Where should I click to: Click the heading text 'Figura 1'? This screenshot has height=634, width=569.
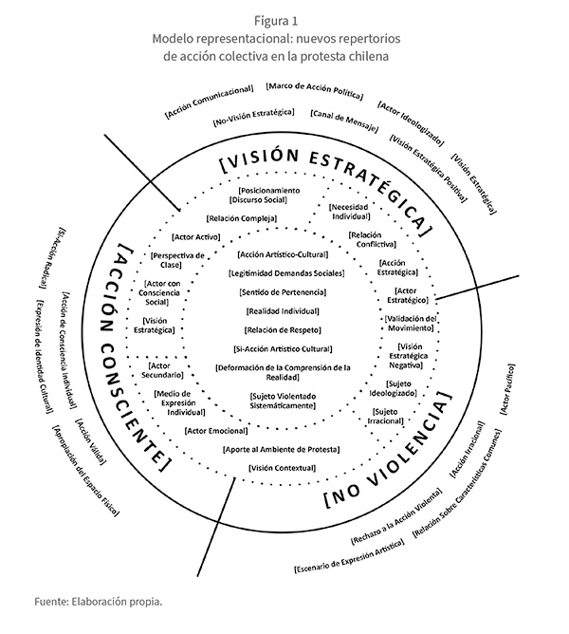[284, 17]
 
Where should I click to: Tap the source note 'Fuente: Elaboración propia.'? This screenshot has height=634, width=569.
[99, 601]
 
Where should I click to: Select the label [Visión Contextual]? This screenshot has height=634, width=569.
[283, 469]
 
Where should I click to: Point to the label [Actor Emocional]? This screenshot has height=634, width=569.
[216, 430]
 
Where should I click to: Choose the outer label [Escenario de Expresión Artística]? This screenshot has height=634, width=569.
[347, 555]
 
